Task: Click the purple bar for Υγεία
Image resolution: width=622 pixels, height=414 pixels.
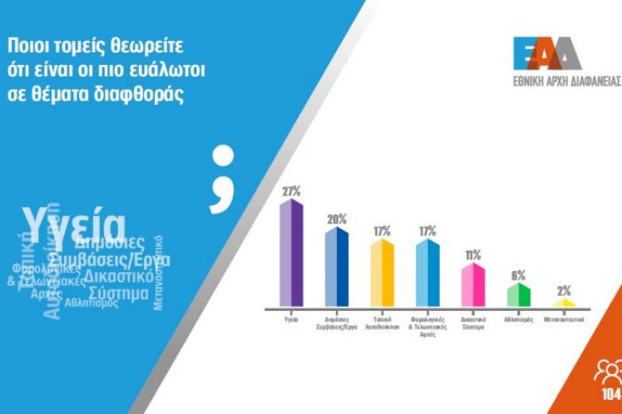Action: click(290, 254)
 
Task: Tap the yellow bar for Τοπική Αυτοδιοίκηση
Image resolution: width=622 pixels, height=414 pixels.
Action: click(382, 274)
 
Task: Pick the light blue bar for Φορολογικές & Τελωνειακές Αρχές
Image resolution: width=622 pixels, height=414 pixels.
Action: click(427, 274)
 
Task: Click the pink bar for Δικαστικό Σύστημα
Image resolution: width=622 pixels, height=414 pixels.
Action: click(473, 285)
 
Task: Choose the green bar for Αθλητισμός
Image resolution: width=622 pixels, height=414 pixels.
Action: click(519, 295)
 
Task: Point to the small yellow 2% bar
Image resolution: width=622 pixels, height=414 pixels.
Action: click(564, 303)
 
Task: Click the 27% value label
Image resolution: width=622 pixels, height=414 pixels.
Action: click(291, 191)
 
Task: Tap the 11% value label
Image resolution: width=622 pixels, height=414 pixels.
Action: click(473, 255)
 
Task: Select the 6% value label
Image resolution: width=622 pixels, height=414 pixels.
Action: click(519, 274)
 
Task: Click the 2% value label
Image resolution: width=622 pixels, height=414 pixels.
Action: click(564, 291)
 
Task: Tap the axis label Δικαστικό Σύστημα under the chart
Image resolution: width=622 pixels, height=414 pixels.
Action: click(473, 322)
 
